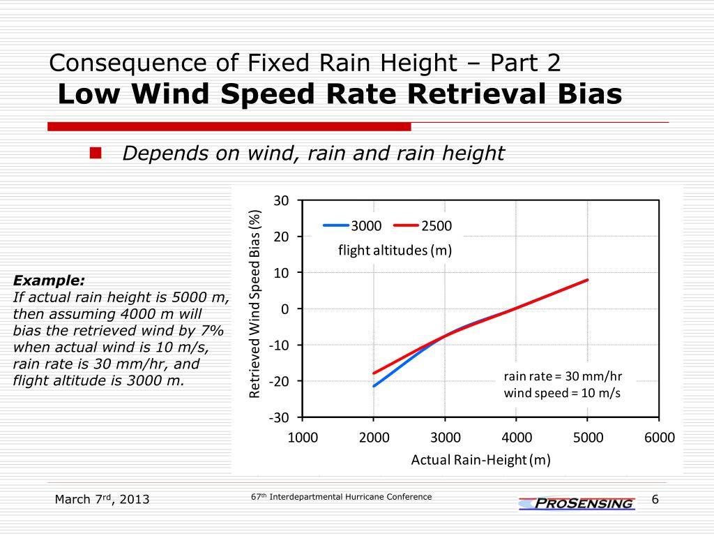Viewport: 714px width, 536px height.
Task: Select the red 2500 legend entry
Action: (x=423, y=225)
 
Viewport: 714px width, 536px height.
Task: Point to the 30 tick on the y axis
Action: (x=281, y=201)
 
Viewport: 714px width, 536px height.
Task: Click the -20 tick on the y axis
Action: (x=279, y=381)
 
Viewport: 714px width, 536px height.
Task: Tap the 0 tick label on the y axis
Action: (x=284, y=309)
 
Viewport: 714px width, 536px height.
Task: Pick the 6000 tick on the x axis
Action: (x=660, y=438)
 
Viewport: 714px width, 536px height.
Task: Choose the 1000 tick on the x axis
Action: (x=303, y=438)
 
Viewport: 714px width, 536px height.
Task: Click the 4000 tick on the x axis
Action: (x=517, y=438)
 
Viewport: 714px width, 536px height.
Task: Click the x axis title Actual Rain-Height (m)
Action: (x=481, y=460)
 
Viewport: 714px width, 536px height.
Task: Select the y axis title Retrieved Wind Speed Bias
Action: (x=255, y=304)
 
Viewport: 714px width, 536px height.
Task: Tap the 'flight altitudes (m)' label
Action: (x=395, y=251)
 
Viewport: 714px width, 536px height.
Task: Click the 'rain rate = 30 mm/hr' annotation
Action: (x=563, y=376)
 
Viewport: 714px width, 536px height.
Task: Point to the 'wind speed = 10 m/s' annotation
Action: (x=562, y=393)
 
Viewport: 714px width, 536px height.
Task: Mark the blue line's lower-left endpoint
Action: (x=374, y=386)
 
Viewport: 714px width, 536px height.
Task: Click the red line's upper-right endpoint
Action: (x=588, y=280)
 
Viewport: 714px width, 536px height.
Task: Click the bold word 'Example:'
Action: (x=49, y=281)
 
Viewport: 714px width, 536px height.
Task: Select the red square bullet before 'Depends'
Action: (x=96, y=153)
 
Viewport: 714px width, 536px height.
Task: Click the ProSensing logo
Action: (x=577, y=503)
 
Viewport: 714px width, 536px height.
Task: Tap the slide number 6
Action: (x=655, y=498)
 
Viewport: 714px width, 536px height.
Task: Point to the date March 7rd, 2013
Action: (x=102, y=499)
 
